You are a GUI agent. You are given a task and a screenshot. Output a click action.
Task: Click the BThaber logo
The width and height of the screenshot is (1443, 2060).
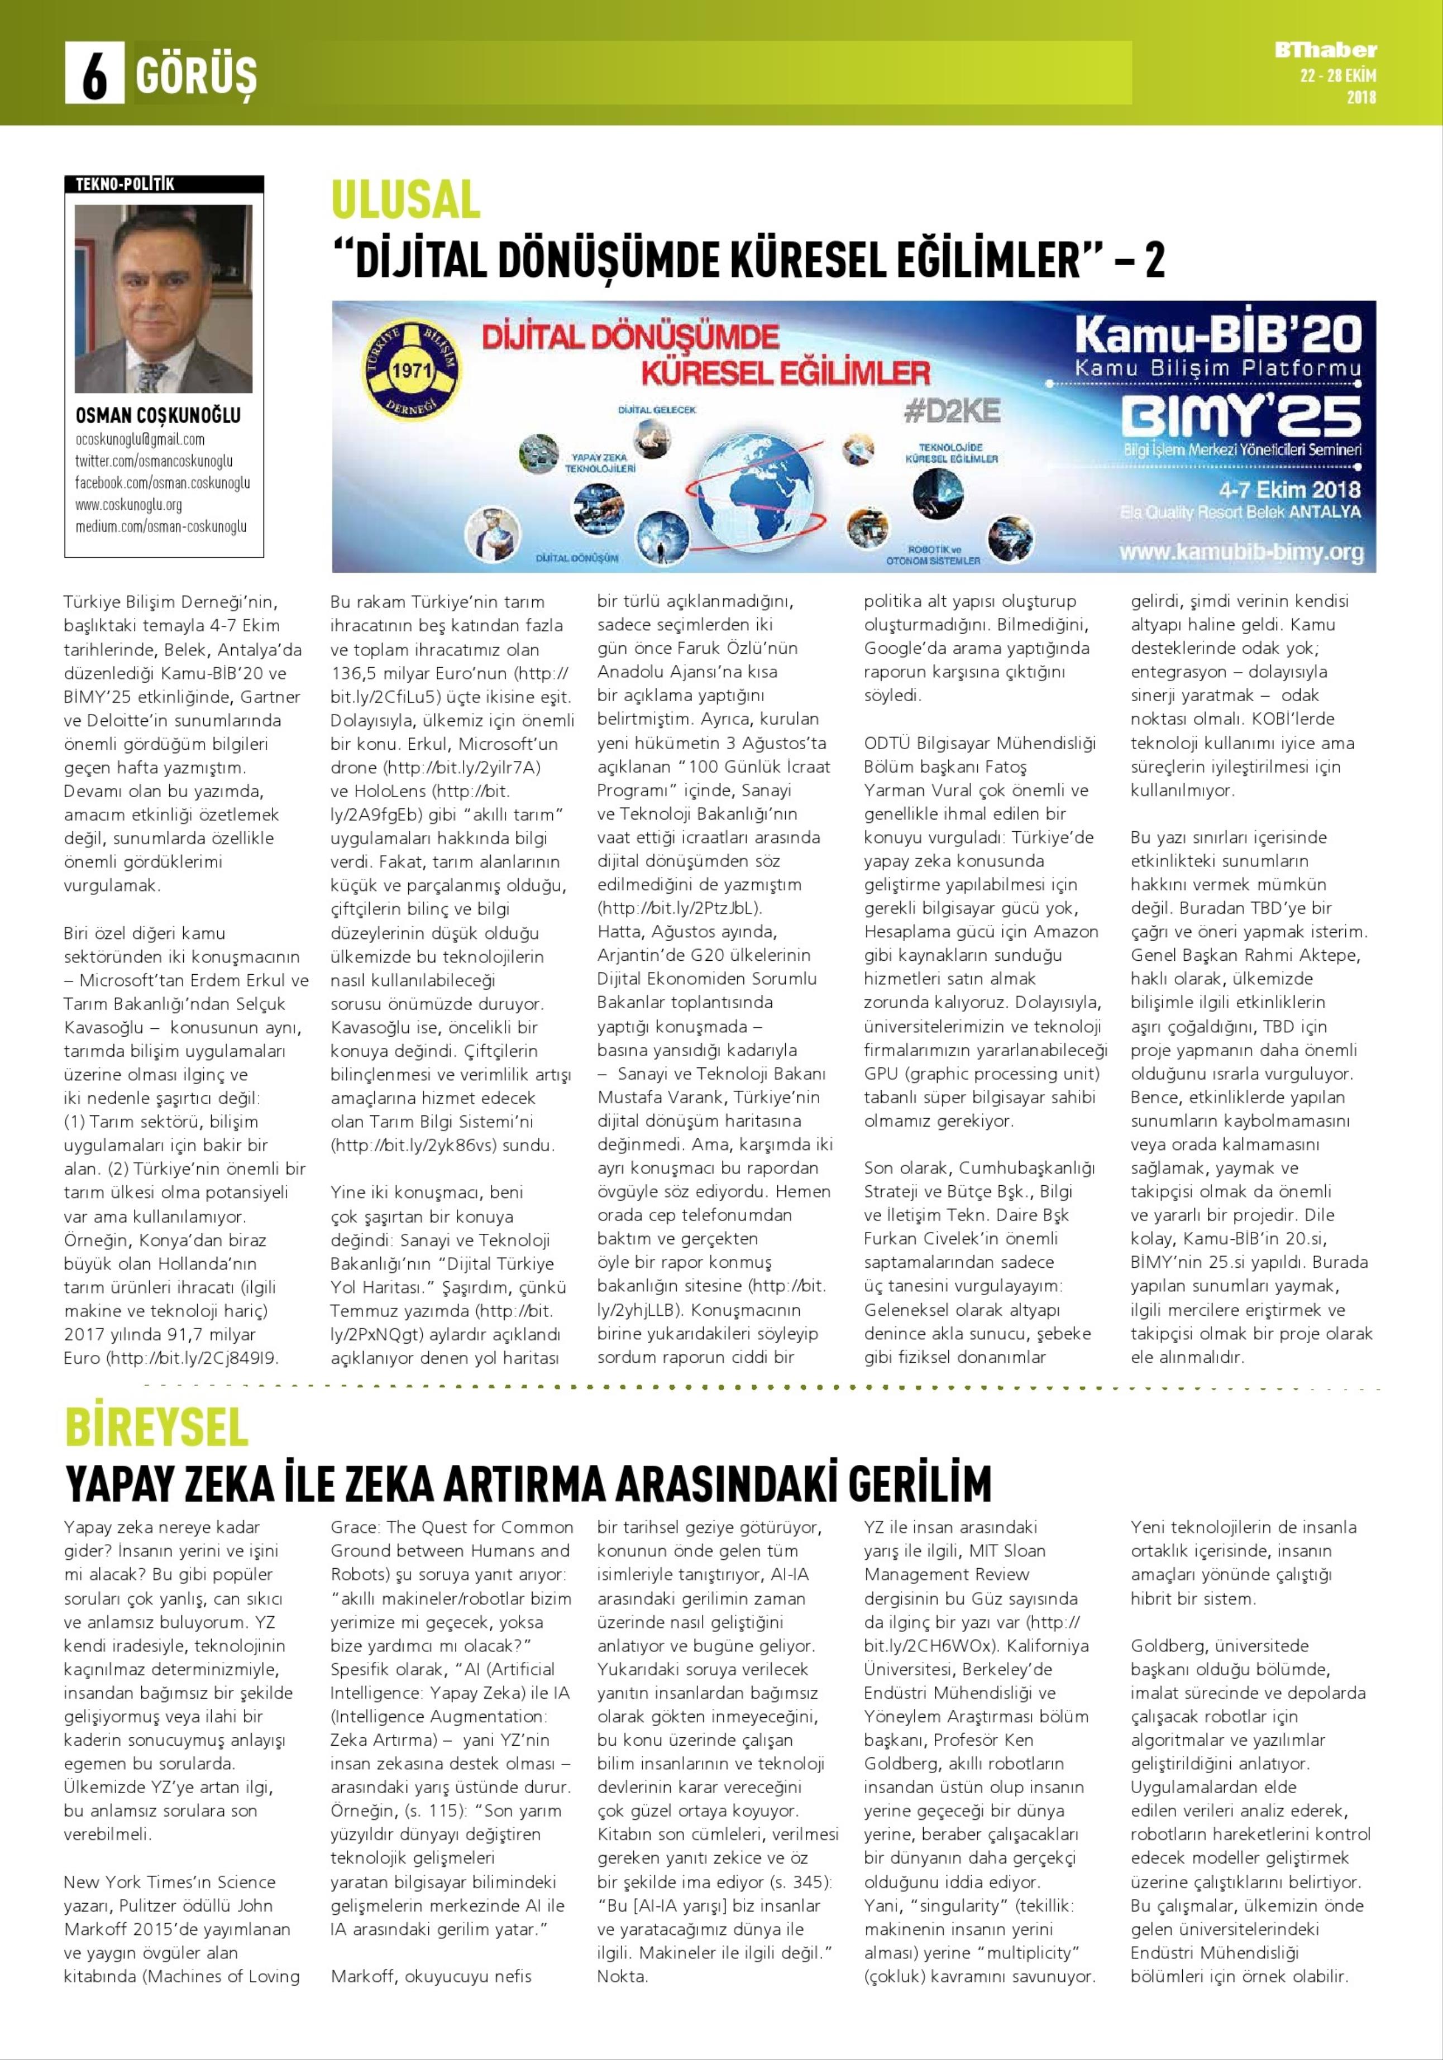tap(1325, 50)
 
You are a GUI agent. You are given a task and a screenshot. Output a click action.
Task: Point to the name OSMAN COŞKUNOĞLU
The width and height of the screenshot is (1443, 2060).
tap(158, 415)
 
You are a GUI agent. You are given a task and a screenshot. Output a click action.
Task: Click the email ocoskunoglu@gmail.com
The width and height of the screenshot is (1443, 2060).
tap(140, 440)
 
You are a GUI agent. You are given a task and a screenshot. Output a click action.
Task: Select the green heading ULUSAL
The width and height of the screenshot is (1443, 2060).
tap(405, 199)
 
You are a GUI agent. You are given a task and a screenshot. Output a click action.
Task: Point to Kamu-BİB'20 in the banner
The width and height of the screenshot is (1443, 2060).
tap(1219, 334)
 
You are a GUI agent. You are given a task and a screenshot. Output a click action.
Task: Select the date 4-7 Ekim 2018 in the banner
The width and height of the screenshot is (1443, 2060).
tap(1289, 490)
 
